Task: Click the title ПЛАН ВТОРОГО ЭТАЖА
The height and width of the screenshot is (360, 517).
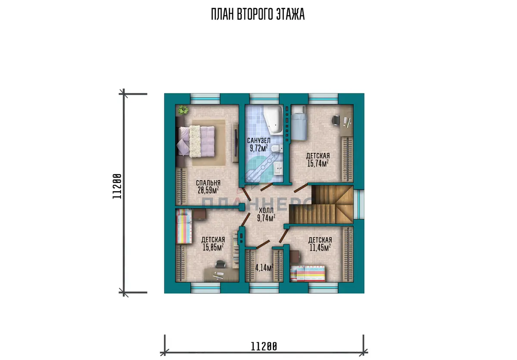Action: (258, 14)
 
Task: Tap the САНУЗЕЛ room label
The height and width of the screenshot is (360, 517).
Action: (259, 140)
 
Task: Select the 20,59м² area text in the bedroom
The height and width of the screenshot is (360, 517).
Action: (208, 190)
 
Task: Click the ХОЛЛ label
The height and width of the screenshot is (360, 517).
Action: (266, 210)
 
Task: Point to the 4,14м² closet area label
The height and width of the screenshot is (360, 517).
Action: (265, 267)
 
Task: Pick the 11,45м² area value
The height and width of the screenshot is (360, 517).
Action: (320, 248)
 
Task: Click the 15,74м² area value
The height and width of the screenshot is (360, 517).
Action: (318, 163)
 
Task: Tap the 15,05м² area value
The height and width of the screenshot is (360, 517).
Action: (213, 247)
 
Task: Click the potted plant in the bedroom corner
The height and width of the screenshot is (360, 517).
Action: (183, 110)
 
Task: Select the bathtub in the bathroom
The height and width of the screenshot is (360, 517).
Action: (273, 120)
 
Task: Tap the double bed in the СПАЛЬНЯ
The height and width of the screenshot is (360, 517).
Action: (196, 142)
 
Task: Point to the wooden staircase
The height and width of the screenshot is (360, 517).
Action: (321, 205)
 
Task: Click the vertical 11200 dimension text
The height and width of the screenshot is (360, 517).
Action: (117, 186)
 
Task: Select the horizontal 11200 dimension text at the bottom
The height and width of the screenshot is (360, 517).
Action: (264, 346)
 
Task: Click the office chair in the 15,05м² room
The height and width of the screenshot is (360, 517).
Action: (220, 264)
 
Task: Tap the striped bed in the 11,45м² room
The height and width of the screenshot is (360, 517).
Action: (308, 274)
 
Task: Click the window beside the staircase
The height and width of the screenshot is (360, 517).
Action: (359, 205)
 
